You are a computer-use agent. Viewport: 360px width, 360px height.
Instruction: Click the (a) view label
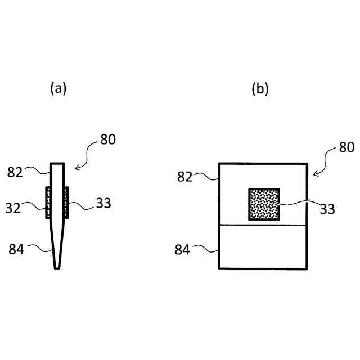58,88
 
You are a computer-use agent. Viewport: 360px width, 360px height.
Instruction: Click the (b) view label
260,88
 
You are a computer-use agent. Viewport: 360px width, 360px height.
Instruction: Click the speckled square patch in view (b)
264,204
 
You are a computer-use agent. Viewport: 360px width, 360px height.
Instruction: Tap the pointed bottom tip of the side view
57,268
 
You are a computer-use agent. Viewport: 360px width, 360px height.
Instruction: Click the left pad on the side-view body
48,202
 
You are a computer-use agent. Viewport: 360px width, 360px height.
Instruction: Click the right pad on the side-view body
66,202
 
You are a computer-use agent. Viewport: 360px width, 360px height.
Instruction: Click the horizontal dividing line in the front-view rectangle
263,225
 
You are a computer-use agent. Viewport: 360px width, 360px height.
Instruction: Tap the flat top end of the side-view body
57,164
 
